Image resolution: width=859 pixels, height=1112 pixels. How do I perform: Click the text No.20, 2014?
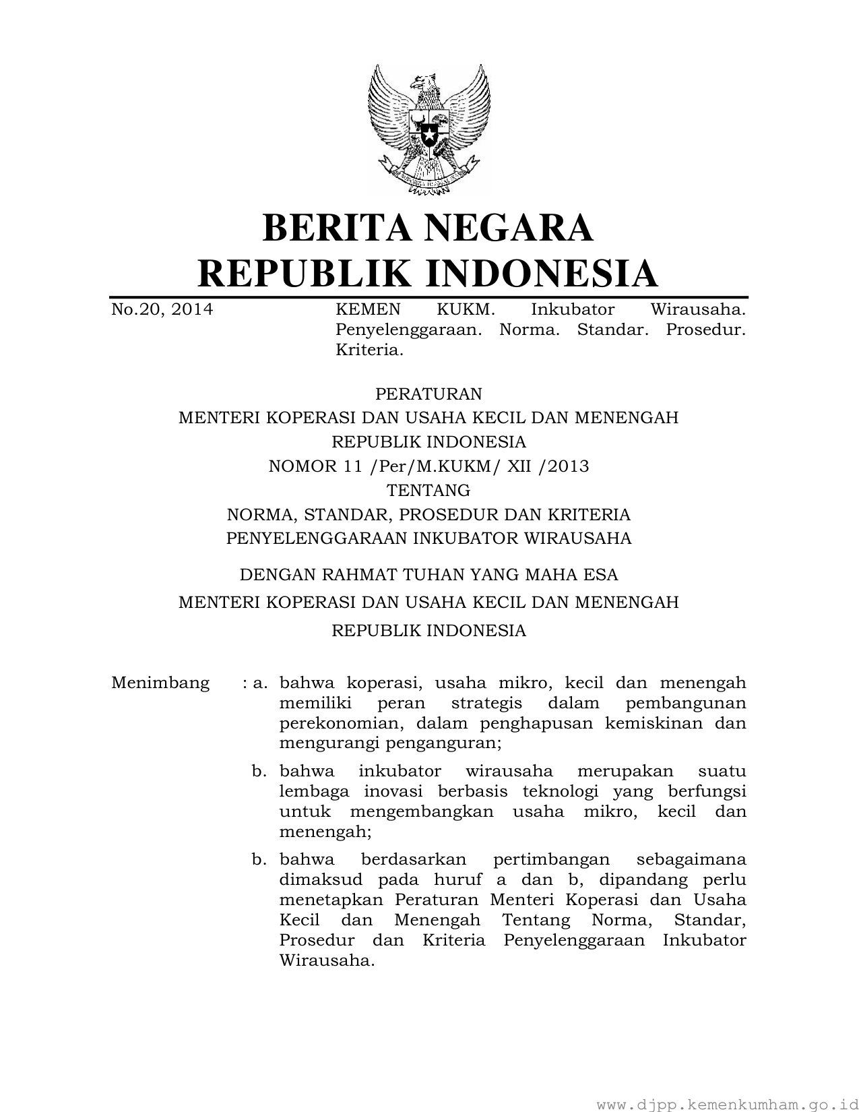162,309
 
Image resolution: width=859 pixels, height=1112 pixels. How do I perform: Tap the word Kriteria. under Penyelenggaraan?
369,350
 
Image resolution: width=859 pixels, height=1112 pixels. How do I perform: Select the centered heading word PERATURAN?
428,393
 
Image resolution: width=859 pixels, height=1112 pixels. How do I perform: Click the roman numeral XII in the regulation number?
520,466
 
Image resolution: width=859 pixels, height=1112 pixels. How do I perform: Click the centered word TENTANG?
428,490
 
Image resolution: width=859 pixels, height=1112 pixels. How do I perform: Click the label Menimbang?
160,683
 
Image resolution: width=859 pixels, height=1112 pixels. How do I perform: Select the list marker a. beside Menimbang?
260,683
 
